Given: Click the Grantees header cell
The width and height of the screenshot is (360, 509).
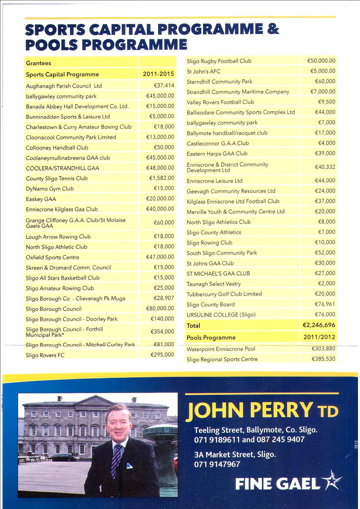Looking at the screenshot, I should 39,63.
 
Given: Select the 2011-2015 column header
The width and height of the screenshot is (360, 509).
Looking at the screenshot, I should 158,74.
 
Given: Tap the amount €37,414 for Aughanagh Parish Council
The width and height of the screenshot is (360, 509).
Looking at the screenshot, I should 164,85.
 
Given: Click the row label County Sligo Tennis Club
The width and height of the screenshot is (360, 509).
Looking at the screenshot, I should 57,178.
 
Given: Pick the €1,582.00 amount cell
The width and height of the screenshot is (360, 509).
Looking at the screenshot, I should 161,178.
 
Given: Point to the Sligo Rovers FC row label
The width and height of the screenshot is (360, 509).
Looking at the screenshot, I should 45,355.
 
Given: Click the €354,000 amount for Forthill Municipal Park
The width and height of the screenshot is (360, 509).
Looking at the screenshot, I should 162,331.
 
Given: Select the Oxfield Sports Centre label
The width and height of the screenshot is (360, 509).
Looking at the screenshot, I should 52,257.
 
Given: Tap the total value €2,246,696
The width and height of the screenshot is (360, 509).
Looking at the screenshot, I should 319,325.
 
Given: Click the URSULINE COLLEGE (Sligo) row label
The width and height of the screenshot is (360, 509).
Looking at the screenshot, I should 221,315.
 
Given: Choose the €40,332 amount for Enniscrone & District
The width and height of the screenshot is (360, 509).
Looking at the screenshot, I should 325,167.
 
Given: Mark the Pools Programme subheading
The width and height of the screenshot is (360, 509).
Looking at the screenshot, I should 211,337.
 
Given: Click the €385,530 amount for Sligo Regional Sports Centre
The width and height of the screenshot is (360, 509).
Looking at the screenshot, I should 323,359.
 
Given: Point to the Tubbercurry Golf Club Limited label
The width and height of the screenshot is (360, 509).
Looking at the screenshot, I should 224,294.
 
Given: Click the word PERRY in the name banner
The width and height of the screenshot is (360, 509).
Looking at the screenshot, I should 281,410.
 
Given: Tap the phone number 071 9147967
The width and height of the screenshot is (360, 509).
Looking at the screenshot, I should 217,464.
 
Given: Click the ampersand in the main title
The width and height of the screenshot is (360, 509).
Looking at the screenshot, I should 273,29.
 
